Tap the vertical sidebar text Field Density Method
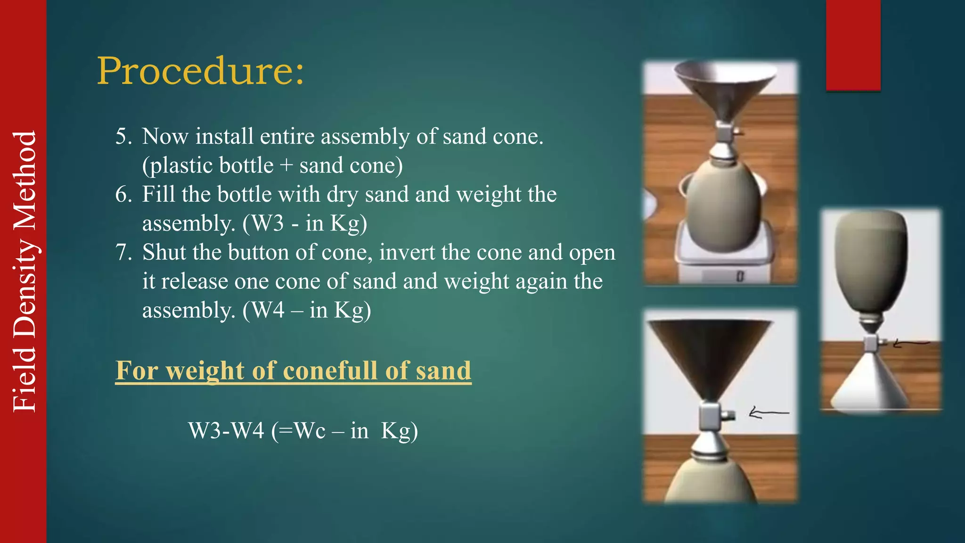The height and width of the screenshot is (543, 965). pyautogui.click(x=25, y=271)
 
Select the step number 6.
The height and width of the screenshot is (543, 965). pyautogui.click(x=124, y=195)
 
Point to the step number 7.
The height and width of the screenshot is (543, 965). pyautogui.click(x=124, y=253)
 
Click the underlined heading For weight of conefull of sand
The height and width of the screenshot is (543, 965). pyautogui.click(x=293, y=370)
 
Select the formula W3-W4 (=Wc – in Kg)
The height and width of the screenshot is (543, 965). pyautogui.click(x=303, y=430)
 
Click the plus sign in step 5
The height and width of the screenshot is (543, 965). pyautogui.click(x=286, y=166)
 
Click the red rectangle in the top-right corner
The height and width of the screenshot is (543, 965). pyautogui.click(x=853, y=45)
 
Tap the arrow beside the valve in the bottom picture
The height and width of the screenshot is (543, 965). pyautogui.click(x=768, y=413)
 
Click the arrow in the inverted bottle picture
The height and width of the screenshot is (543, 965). pyautogui.click(x=909, y=344)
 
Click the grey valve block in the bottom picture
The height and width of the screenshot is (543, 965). pyautogui.click(x=710, y=415)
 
